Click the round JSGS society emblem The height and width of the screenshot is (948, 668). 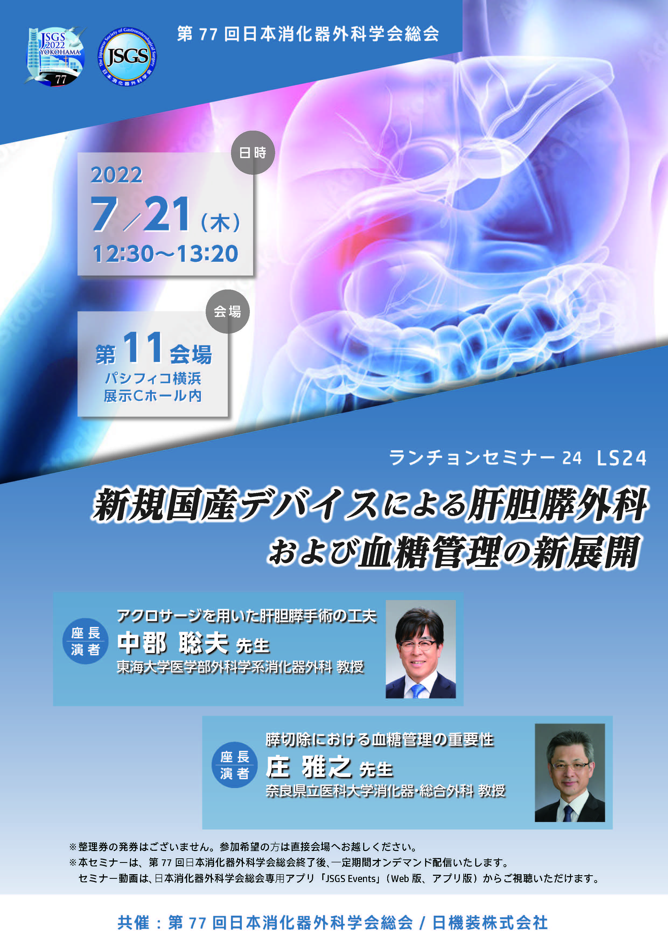tap(127, 57)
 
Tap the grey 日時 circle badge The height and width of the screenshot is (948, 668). tap(253, 153)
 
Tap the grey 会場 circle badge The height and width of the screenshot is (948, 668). tap(228, 311)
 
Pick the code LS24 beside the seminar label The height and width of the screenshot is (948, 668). tap(622, 458)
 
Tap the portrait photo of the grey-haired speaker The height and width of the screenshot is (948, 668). tap(570, 772)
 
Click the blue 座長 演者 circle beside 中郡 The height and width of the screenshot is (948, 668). tap(85, 641)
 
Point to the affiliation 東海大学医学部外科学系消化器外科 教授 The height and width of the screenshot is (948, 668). tap(240, 667)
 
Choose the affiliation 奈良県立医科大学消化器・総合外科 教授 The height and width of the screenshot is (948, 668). tap(386, 791)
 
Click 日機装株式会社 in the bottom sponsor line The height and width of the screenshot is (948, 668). tap(490, 922)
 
